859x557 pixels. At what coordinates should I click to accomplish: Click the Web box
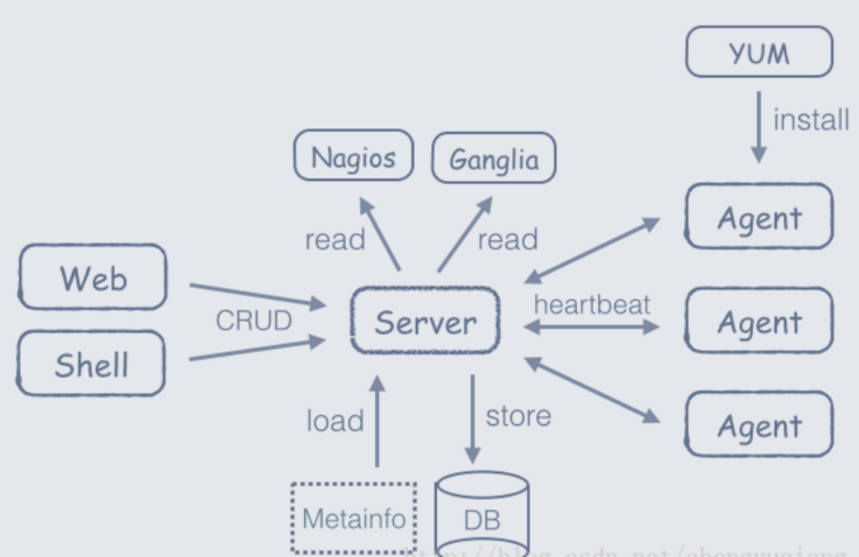pos(92,277)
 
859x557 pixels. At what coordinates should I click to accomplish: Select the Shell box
pos(91,364)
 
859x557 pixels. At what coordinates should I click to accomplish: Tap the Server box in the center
pos(426,321)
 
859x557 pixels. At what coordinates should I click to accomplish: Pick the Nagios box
pos(353,156)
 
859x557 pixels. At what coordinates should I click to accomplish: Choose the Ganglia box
pos(493,159)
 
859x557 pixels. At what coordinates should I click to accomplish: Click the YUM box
pos(759,52)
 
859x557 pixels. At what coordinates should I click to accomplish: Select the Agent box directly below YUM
pos(759,217)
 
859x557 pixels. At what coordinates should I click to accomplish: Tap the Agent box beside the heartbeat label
pos(759,321)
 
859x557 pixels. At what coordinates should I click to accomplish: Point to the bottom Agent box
pos(759,425)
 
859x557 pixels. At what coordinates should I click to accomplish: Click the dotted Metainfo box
pos(353,518)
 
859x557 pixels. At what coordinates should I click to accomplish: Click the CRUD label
pos(253,320)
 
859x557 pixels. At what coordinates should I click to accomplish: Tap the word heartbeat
pos(591,304)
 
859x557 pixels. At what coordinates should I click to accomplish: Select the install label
pos(810,119)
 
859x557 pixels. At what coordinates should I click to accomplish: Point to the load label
pos(335,420)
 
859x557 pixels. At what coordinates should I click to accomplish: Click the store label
pos(518,416)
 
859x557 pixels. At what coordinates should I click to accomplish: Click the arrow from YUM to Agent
pos(758,127)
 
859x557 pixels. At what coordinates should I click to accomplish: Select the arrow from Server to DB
pos(471,419)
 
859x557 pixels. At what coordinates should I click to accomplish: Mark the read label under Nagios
pos(334,239)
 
